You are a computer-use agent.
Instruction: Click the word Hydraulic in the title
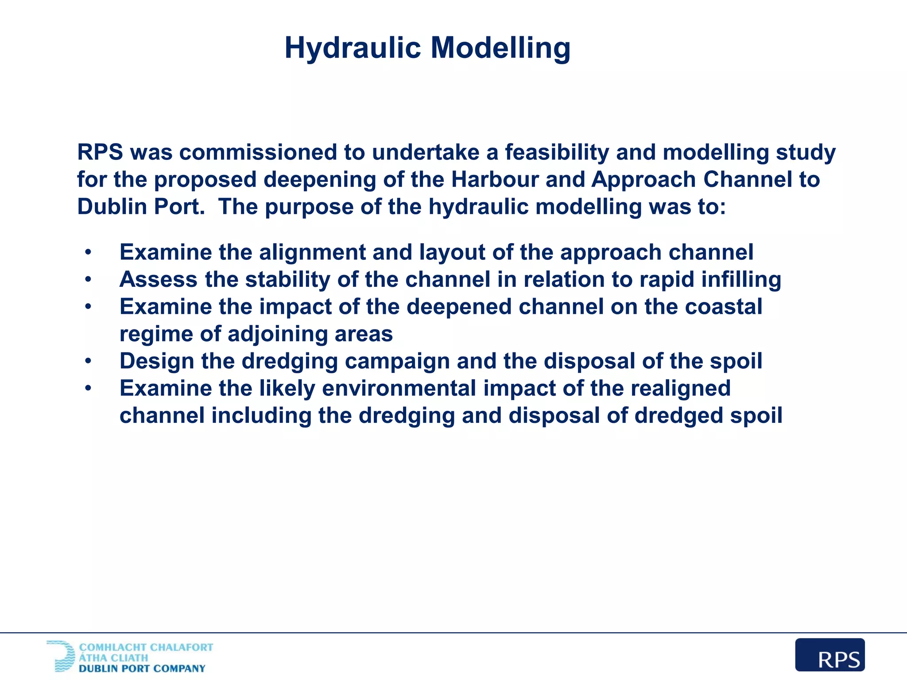tap(353, 48)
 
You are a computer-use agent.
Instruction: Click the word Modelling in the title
tap(500, 48)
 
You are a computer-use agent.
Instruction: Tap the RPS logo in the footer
tap(829, 655)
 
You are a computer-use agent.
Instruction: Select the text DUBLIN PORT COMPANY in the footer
tap(142, 668)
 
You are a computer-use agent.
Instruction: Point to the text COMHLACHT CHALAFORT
tap(146, 647)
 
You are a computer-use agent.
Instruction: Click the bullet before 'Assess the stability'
tap(89, 279)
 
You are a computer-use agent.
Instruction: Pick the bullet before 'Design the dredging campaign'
tap(89, 361)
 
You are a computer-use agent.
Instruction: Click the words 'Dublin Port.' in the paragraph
tap(141, 207)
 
